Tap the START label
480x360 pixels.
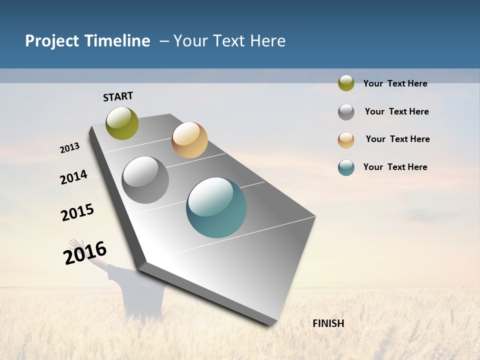point(118,96)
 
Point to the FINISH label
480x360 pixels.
point(328,323)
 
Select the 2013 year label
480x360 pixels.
point(70,148)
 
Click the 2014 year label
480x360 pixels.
point(74,177)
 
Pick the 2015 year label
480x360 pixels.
point(77,212)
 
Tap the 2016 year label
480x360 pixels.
point(85,252)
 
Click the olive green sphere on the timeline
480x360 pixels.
point(122,123)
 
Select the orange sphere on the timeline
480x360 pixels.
point(189,140)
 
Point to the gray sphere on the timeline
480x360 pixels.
point(145,180)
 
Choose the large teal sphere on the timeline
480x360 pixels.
point(216,207)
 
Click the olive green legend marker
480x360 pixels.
point(346,83)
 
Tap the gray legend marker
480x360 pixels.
point(346,112)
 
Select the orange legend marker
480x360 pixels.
point(346,140)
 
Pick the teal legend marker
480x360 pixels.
point(346,167)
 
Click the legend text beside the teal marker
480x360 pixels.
point(395,167)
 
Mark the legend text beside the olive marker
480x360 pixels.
point(395,83)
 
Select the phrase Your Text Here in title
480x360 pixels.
point(229,41)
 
